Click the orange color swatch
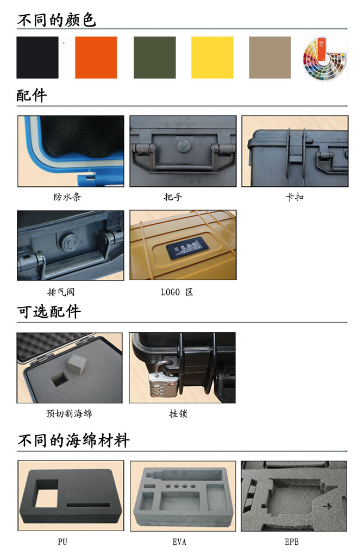(96, 57)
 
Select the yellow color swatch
(212, 57)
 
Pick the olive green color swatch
(155, 57)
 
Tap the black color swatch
(37, 57)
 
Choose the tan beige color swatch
(270, 57)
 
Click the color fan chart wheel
(325, 58)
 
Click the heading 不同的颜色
(57, 20)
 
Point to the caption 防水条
(67, 197)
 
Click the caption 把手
(173, 197)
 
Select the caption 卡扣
(295, 197)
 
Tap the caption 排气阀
(61, 292)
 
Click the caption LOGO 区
(177, 292)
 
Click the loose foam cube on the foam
(77, 364)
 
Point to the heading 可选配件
(49, 312)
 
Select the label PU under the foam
(62, 542)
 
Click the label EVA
(179, 542)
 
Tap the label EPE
(292, 542)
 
